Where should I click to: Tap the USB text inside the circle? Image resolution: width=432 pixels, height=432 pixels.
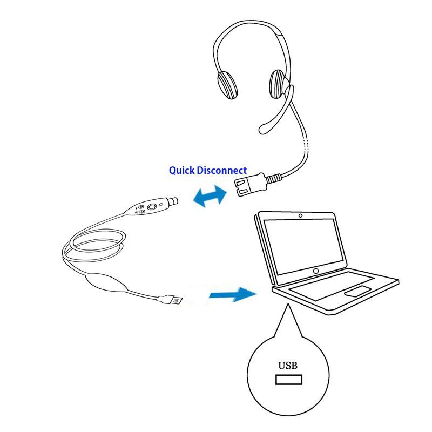pyautogui.click(x=288, y=366)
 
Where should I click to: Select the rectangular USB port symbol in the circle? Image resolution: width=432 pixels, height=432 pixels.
pyautogui.click(x=289, y=380)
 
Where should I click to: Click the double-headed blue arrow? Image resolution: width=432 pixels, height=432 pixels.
pyautogui.click(x=210, y=196)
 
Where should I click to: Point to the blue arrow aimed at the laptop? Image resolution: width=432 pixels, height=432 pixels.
pyautogui.click(x=233, y=294)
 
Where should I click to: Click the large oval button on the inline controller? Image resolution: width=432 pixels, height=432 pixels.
pyautogui.click(x=152, y=206)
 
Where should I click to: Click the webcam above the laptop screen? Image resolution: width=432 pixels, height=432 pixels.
pyautogui.click(x=300, y=215)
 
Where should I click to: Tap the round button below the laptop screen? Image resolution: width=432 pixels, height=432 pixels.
pyautogui.click(x=316, y=271)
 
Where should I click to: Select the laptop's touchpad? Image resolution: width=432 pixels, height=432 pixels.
pyautogui.click(x=357, y=291)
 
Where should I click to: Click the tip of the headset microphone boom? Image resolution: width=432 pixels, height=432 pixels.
pyautogui.click(x=263, y=130)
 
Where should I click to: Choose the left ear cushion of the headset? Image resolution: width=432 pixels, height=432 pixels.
pyautogui.click(x=227, y=85)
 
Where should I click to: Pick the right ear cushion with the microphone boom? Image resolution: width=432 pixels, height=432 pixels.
pyautogui.click(x=279, y=84)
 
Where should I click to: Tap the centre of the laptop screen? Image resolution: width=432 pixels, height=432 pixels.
pyautogui.click(x=303, y=247)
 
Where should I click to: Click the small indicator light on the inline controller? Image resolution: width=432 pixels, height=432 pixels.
pyautogui.click(x=161, y=204)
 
